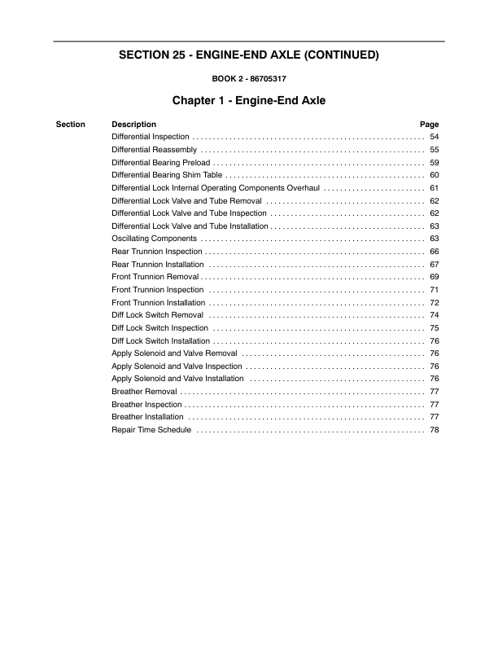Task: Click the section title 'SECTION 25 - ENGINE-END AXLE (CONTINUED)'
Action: pos(248,56)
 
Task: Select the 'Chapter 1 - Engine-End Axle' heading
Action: pos(248,102)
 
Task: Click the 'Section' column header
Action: pos(71,125)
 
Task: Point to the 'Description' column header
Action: pos(133,125)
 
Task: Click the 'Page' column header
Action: pos(429,125)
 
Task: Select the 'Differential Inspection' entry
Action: pos(151,137)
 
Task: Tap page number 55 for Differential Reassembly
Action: pos(435,150)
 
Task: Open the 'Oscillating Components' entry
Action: pos(154,239)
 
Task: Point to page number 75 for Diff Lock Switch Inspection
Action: pos(435,327)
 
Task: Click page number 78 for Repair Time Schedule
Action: pos(435,429)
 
